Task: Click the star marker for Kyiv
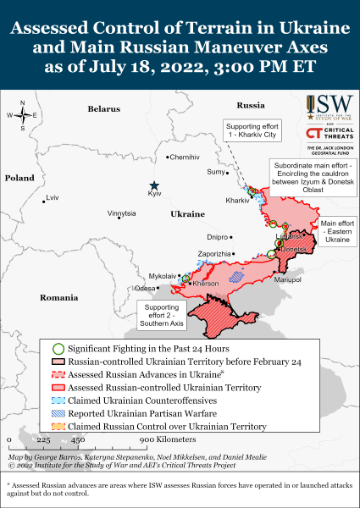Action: (154, 185)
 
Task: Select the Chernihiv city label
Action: (186, 157)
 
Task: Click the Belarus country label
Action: (104, 109)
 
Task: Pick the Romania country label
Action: (58, 298)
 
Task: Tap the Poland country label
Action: (18, 179)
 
